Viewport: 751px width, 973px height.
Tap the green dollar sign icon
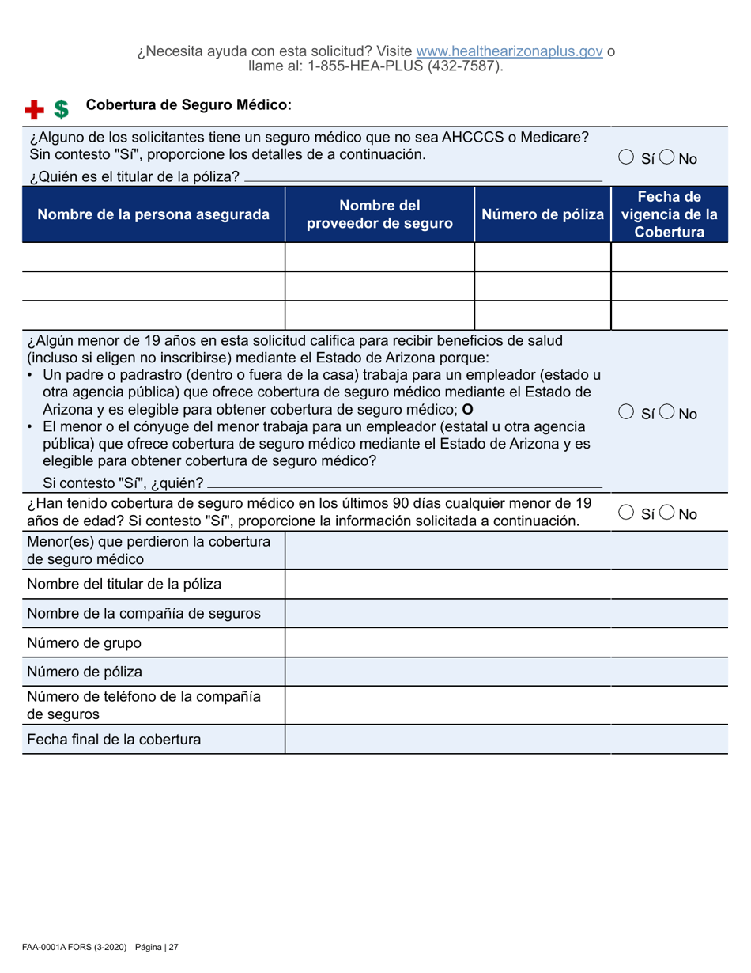tap(61, 108)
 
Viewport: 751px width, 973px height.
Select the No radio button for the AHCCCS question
tap(668, 159)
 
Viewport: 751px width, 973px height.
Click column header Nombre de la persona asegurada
tap(153, 214)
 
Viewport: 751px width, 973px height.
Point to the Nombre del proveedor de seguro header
tap(379, 214)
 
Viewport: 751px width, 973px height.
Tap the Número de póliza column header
tap(543, 214)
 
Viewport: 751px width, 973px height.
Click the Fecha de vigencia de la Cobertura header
tap(670, 214)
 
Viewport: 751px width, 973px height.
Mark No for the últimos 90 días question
tap(668, 514)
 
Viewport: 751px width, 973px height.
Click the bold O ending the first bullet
tap(467, 410)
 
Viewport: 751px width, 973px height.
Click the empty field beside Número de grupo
tap(505, 642)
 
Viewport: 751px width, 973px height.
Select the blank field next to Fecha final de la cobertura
tap(505, 740)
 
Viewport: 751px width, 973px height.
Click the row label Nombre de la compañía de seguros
tap(145, 613)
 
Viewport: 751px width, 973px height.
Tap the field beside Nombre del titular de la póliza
tap(505, 585)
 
